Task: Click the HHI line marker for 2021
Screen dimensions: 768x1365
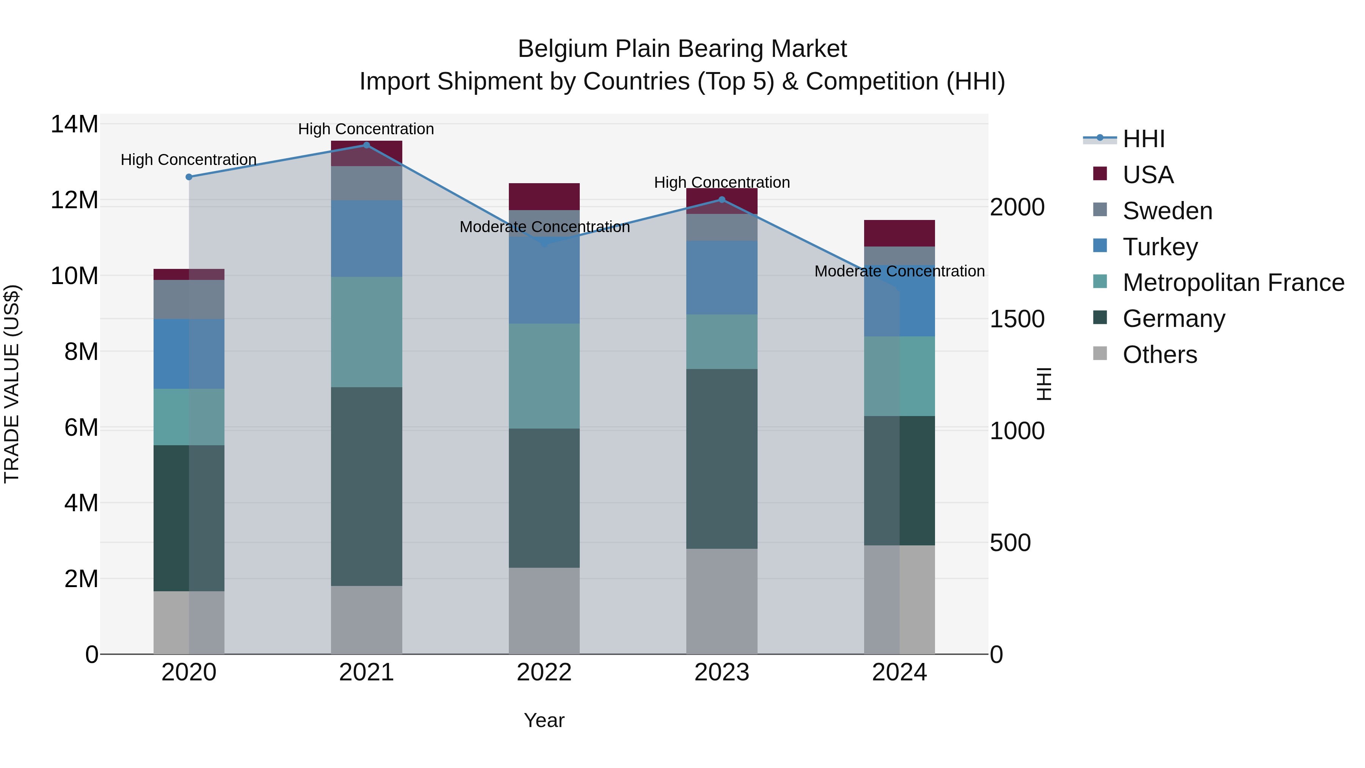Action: [366, 145]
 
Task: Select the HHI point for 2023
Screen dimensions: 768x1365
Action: [722, 200]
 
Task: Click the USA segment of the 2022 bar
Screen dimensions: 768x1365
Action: [544, 196]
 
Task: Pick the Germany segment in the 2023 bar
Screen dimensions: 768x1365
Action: [722, 459]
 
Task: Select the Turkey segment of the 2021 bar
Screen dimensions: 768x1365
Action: [366, 239]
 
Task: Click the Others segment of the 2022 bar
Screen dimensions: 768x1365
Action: [544, 611]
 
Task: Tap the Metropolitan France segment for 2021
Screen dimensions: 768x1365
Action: [366, 332]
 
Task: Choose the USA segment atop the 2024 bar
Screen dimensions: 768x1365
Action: [899, 233]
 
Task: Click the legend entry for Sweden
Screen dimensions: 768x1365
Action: [1167, 211]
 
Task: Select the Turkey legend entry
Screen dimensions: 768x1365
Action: [1160, 247]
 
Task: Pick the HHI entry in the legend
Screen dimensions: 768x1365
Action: [1144, 139]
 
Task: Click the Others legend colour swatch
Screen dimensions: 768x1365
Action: [1100, 353]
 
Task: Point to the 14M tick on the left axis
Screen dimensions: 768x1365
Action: [74, 124]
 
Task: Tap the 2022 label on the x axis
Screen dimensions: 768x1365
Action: [544, 672]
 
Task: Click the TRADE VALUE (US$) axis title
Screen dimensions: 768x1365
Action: [12, 384]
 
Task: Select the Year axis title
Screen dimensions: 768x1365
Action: [544, 720]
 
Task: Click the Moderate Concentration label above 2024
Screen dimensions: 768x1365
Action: [899, 272]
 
